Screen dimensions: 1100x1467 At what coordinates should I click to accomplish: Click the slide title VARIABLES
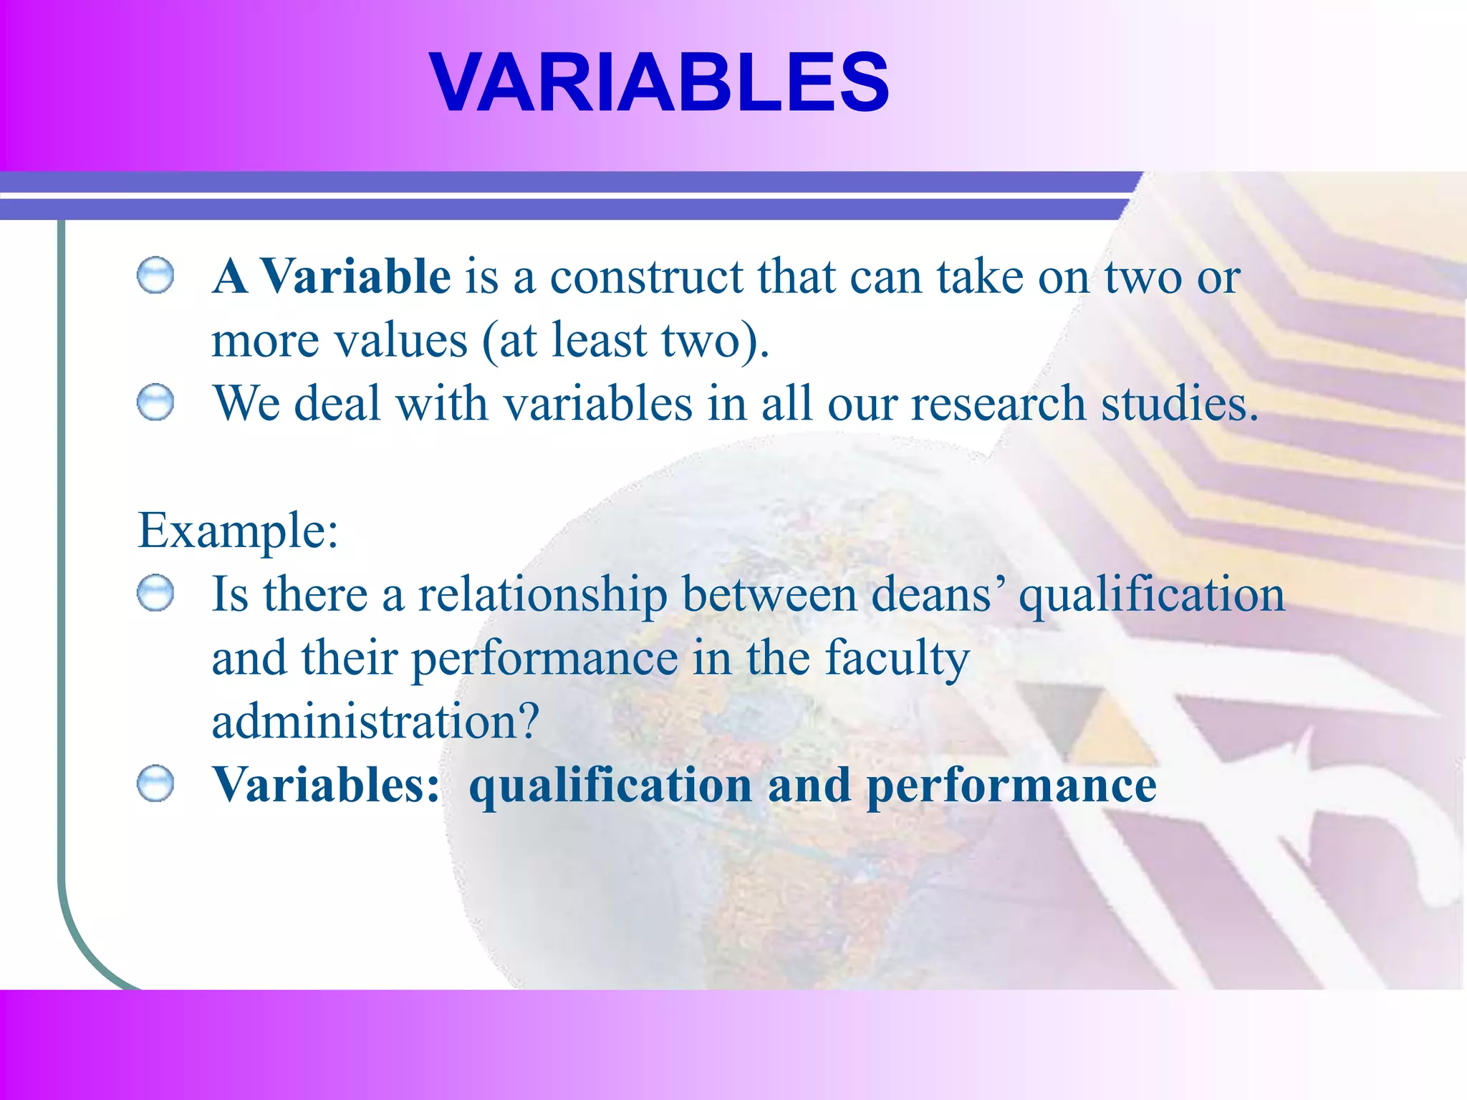coord(659,82)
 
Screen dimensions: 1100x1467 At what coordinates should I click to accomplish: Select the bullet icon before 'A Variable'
coord(155,276)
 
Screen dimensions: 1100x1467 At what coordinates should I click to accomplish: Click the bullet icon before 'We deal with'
coord(155,402)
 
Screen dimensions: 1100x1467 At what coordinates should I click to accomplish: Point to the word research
coord(999,402)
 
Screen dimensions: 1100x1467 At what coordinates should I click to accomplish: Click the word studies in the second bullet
coord(1179,402)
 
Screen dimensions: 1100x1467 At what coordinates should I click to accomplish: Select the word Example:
coord(238,531)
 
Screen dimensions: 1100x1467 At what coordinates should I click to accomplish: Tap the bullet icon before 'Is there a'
coord(155,594)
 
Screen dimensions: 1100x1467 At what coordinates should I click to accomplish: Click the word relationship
coord(542,594)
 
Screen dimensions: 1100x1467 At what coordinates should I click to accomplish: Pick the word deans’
coord(938,594)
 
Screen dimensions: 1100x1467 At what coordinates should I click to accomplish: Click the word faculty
coord(897,657)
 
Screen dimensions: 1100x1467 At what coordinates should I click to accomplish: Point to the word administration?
coord(375,720)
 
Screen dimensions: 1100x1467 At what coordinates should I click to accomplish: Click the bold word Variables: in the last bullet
coord(326,784)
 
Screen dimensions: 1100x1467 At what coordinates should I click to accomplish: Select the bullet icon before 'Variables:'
coord(155,784)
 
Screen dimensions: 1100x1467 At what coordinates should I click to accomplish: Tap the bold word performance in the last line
coord(1011,786)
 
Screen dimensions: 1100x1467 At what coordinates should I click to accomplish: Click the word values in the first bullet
coord(401,339)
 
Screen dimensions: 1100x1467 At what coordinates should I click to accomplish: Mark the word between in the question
coord(769,594)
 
